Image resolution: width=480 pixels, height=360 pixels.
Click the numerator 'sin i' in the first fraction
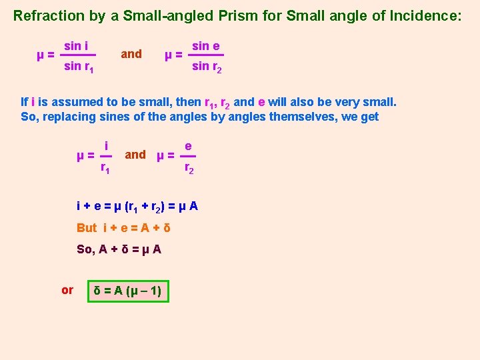[x=77, y=45]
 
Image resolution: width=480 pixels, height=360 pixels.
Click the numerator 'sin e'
[x=206, y=45]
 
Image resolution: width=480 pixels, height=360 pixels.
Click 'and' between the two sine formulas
[x=131, y=54]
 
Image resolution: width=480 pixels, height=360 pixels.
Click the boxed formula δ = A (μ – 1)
[x=129, y=291]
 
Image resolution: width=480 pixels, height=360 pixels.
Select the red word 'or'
[x=67, y=290]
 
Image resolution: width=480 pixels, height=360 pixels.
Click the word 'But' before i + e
[x=87, y=228]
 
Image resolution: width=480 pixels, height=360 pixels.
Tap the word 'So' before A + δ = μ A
[x=84, y=249]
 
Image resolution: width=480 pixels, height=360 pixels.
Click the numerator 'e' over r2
[x=189, y=145]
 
